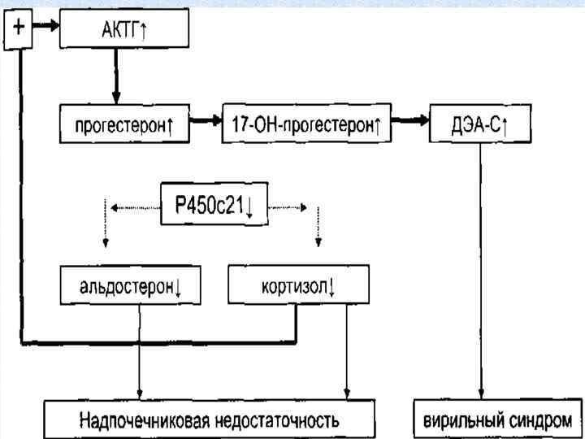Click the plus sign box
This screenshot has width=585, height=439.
click(20, 29)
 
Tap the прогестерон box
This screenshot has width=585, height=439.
click(124, 127)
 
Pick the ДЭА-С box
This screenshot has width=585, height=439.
click(479, 127)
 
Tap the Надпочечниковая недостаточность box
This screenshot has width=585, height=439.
click(210, 420)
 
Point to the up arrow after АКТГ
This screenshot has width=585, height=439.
click(144, 30)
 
